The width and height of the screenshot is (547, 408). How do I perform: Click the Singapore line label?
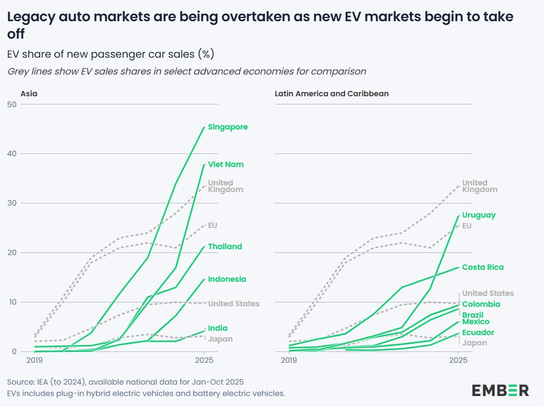[228, 127]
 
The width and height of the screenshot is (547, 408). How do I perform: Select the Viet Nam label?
[225, 164]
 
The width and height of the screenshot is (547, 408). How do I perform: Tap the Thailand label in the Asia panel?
[225, 247]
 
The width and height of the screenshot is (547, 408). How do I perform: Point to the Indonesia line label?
[227, 280]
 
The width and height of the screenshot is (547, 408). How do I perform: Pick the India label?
[218, 329]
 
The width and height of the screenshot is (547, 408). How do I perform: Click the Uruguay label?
[479, 215]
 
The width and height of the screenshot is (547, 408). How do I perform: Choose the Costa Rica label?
[483, 268]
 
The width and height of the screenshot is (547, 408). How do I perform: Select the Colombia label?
[481, 305]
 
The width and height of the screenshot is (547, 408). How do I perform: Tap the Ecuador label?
[478, 333]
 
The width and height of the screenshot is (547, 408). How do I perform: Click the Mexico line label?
[476, 322]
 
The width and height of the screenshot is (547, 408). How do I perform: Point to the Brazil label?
[473, 316]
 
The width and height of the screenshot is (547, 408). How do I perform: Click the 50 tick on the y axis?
[11, 104]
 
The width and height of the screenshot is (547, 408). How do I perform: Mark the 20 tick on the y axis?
[11, 253]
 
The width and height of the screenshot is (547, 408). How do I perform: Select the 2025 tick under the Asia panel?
[204, 360]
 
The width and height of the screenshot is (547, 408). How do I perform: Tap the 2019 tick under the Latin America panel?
[288, 360]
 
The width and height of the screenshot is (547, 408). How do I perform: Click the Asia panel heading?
[29, 94]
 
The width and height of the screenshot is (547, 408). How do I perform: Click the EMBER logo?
[500, 390]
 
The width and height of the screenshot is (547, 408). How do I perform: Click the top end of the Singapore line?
[204, 127]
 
